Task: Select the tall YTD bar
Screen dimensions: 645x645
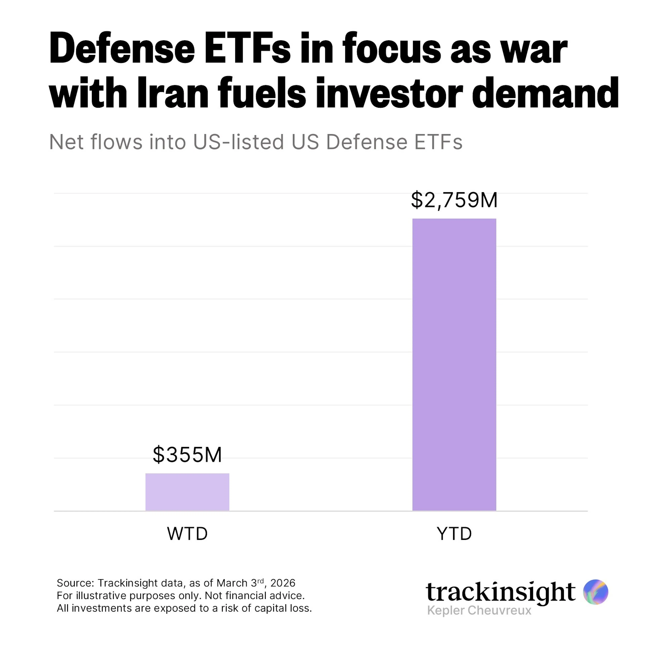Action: click(x=454, y=364)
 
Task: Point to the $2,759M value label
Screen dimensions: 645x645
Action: click(x=454, y=200)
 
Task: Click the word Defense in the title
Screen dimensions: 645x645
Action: click(x=122, y=48)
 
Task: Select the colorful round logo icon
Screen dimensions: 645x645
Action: click(x=596, y=592)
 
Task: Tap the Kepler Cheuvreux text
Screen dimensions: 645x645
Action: click(x=479, y=610)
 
